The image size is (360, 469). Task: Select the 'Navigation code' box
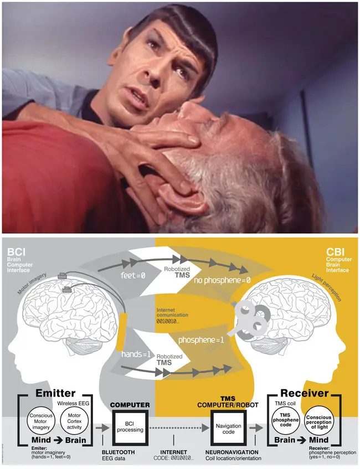[x=228, y=429]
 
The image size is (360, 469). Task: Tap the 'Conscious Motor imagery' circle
[x=40, y=421]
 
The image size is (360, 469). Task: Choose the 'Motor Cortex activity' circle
[x=74, y=421]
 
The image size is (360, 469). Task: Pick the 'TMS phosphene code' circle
[x=285, y=420]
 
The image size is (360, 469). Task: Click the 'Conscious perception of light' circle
[x=318, y=420]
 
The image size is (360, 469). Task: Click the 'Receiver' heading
[x=305, y=393]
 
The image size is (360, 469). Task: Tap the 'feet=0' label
[x=133, y=276]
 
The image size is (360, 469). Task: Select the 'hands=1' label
[x=136, y=354]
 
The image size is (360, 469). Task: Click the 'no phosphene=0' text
[x=222, y=281]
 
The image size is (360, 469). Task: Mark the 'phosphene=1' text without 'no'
[x=201, y=340]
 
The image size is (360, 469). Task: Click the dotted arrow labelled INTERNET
[x=179, y=428]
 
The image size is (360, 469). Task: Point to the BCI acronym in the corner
[x=16, y=252]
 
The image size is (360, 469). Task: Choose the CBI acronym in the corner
[x=335, y=252]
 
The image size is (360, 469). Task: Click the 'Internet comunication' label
[x=172, y=312]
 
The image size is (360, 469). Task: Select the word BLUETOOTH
[x=118, y=452]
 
